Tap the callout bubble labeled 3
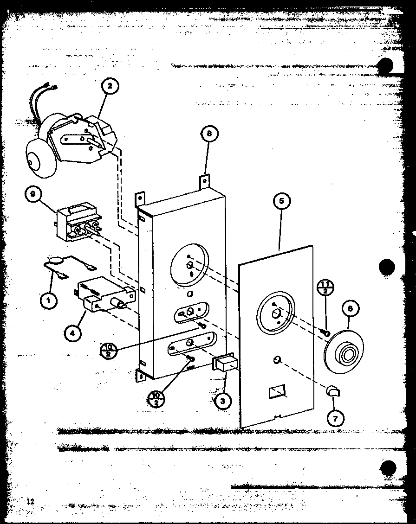pyautogui.click(x=223, y=401)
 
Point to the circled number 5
pyautogui.click(x=282, y=201)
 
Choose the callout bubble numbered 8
pyautogui.click(x=208, y=134)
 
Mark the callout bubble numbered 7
pyautogui.click(x=335, y=418)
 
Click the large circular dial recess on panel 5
pyautogui.click(x=276, y=313)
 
